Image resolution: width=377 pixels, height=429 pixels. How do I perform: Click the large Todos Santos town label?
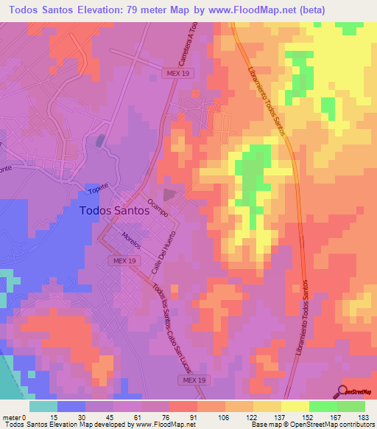[114, 210]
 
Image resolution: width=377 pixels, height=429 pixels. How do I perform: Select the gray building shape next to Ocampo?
[170, 195]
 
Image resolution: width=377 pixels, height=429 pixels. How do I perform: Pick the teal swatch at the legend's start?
[43, 406]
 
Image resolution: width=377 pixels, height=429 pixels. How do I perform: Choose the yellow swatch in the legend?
[295, 406]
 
